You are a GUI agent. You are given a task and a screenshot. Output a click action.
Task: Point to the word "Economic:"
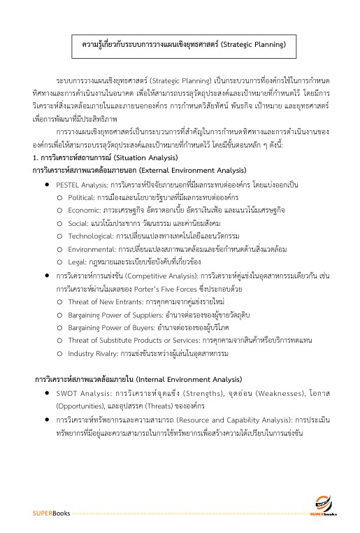[87, 211]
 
